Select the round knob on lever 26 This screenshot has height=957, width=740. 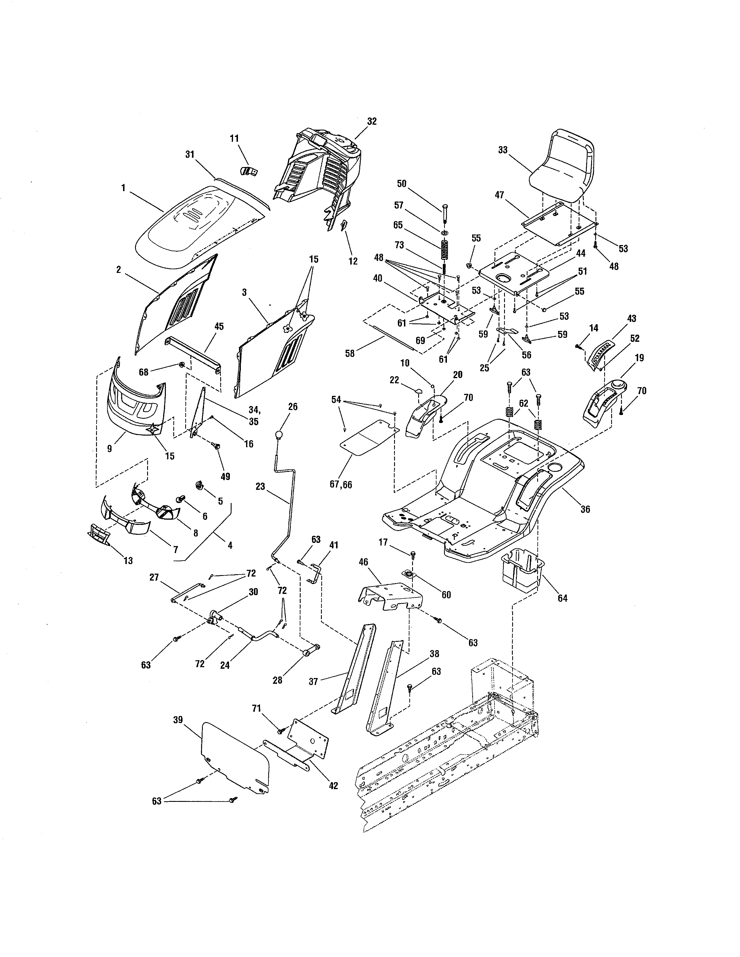278,435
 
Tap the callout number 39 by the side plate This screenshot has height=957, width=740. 178,720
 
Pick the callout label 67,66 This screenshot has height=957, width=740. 341,485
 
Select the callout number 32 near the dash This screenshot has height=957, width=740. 372,122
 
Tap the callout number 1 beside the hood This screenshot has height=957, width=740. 123,188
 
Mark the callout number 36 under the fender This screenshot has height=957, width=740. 585,509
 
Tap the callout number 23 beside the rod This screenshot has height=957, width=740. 260,486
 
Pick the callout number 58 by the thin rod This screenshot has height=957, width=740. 349,353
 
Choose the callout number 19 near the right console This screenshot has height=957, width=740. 639,358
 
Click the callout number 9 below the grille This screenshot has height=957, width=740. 110,448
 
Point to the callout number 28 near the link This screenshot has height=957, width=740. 277,680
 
